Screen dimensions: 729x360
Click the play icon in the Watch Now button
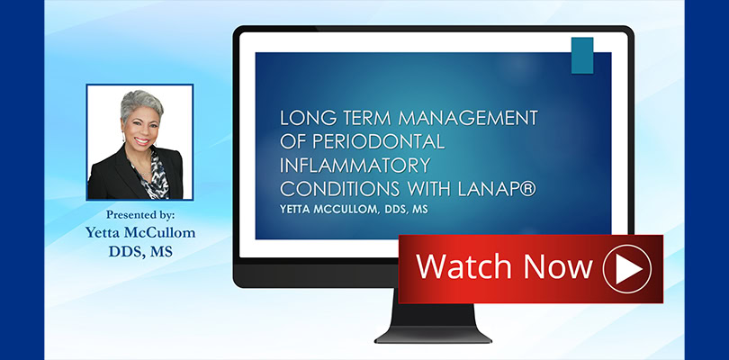(627, 269)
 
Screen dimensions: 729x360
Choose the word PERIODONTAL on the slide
(378, 142)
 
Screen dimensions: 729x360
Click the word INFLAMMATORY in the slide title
(355, 165)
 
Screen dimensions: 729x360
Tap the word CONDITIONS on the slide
(339, 189)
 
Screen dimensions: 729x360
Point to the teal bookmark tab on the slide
(582, 55)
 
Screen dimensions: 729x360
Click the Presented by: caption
(139, 215)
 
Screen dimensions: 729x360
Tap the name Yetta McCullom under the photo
(139, 232)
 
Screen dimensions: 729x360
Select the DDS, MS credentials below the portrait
(140, 251)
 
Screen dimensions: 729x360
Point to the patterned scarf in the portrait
(155, 175)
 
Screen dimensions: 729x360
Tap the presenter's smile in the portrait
(142, 140)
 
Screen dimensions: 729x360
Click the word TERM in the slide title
(360, 118)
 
